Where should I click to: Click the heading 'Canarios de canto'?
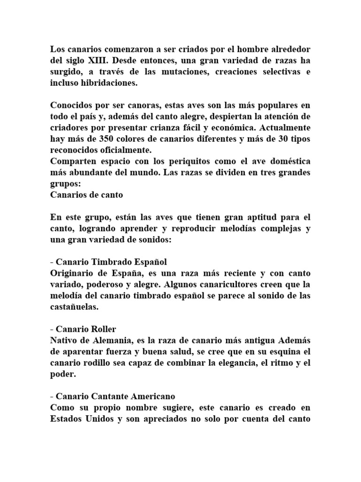86,195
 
